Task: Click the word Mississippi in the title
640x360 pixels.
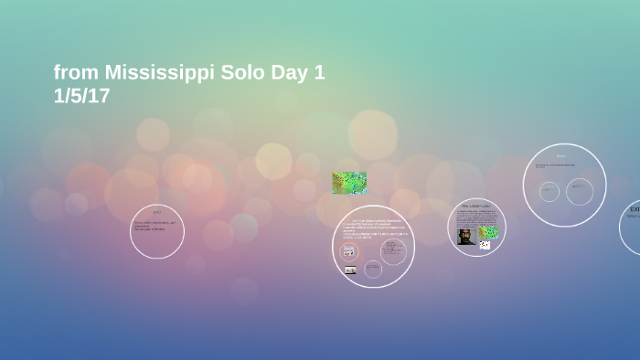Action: (x=159, y=72)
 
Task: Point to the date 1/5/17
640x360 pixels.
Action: (x=81, y=96)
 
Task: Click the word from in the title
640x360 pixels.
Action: (x=76, y=72)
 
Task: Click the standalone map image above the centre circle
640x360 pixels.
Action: (x=349, y=183)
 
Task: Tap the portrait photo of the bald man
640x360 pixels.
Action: (x=466, y=236)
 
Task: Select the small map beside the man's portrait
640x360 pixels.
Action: (x=488, y=232)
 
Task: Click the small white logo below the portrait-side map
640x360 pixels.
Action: (x=485, y=245)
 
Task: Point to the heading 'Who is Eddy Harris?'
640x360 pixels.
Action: (x=476, y=206)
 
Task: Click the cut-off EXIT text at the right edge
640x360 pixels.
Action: (x=634, y=209)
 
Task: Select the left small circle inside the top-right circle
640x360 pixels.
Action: (x=549, y=191)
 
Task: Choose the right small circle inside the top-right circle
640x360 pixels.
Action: (x=580, y=191)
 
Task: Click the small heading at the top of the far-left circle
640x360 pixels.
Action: (x=157, y=212)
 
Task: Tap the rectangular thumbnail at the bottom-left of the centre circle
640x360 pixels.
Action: (x=350, y=270)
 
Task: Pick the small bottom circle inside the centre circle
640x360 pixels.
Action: (x=373, y=269)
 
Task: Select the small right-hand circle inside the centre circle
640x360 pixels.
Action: (x=393, y=251)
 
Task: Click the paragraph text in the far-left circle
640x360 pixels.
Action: (x=154, y=225)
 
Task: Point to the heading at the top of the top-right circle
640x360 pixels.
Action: (x=561, y=156)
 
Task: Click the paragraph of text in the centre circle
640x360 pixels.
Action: (x=373, y=228)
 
